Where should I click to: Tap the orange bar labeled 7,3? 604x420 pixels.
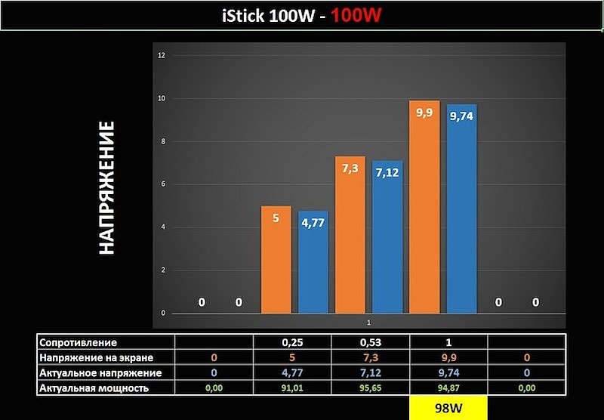coord(350,235)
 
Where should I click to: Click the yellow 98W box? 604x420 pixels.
coord(448,407)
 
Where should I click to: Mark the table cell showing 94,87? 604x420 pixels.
coord(448,388)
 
